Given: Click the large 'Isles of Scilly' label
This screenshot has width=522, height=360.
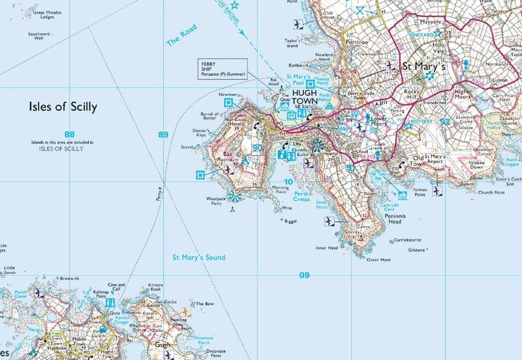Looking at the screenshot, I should [x=63, y=107].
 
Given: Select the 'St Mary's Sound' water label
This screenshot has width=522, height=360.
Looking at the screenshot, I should [x=199, y=258].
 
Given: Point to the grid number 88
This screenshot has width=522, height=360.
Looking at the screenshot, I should [x=70, y=134].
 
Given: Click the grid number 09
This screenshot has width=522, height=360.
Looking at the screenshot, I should [x=304, y=275].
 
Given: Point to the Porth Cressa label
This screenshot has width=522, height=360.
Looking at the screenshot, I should [x=301, y=196].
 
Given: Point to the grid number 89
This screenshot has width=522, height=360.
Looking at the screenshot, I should [x=163, y=134].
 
